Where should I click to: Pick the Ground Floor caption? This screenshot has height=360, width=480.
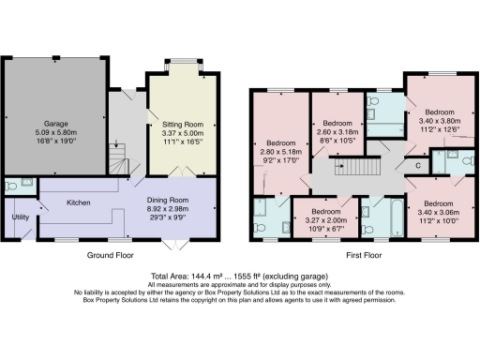click(112, 254)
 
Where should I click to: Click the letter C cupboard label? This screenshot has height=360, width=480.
click(417, 166)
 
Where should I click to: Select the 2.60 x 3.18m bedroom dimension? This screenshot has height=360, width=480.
click(337, 132)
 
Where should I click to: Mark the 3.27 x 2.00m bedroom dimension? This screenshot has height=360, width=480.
click(316, 218)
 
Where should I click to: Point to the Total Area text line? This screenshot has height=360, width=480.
click(239, 276)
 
